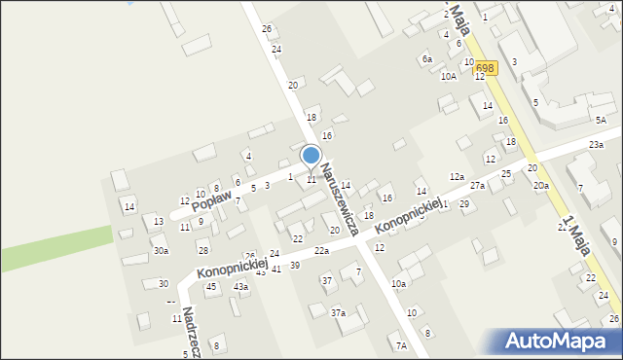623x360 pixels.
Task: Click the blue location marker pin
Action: tap(311, 156)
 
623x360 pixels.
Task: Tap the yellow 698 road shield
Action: tap(486, 68)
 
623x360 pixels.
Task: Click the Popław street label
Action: tap(215, 201)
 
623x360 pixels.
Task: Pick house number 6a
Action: tap(426, 59)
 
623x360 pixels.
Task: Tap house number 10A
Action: tap(448, 76)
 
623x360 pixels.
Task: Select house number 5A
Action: tap(601, 120)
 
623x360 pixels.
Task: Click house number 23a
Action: tap(596, 145)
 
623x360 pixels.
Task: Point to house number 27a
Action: tap(477, 185)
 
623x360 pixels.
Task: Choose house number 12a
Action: tap(456, 176)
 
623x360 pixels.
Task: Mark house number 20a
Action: tap(540, 185)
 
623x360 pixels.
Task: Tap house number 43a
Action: tap(240, 287)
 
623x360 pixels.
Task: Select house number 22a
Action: tap(321, 251)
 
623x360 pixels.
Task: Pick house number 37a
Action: tap(338, 312)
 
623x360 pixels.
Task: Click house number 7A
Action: tap(400, 345)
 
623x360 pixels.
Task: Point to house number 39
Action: tap(294, 266)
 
